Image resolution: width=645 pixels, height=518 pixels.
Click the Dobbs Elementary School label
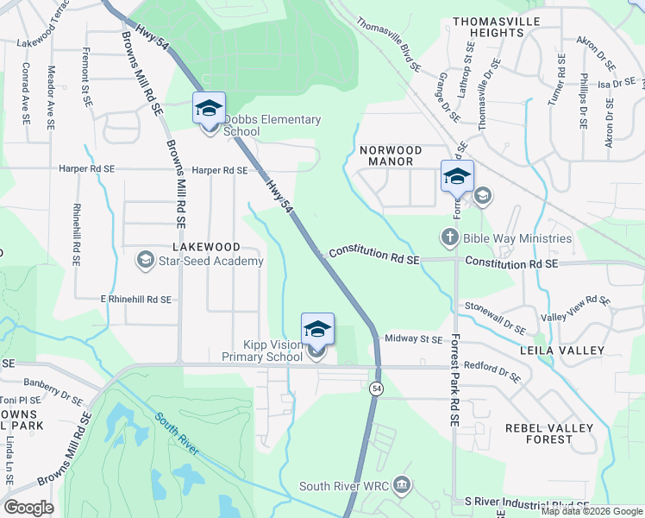[x=272, y=125]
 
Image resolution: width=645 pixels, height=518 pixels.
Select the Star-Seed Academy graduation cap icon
[x=145, y=259]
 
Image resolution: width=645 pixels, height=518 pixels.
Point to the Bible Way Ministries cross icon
[x=449, y=237]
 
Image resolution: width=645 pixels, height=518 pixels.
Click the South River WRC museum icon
[x=400, y=485]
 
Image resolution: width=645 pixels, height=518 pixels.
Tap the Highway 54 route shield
[x=377, y=389]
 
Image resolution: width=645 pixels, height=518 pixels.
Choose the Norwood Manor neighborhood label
[x=391, y=155]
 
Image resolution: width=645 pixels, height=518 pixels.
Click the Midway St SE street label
[x=413, y=339]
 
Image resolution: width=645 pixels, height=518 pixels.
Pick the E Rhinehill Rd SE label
[x=135, y=300]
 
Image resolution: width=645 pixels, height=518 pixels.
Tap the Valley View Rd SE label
[x=573, y=308]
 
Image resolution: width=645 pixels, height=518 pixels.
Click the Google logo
[x=29, y=508]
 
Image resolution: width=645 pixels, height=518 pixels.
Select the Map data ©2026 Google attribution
[x=592, y=511]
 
